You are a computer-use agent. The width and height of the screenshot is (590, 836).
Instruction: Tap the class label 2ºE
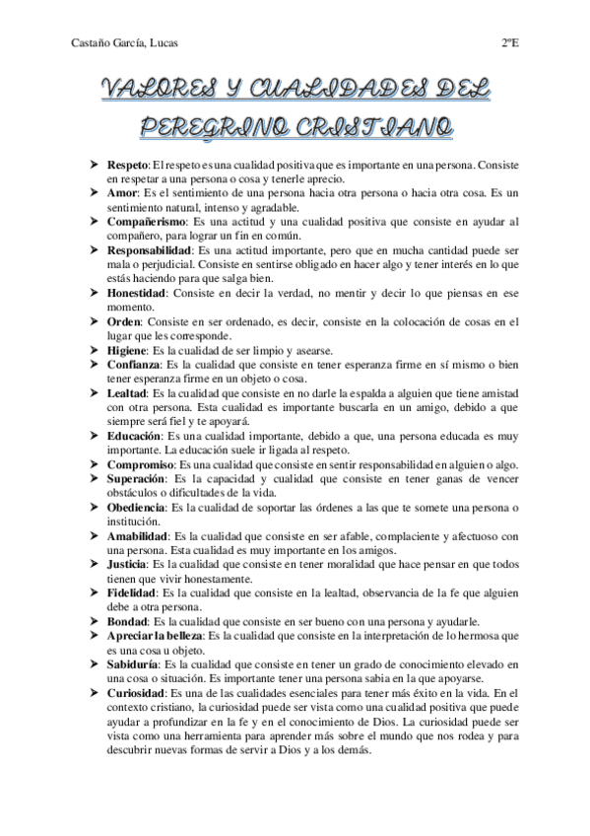tap(509, 41)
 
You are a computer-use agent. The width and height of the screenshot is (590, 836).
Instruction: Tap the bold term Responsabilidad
tap(151, 251)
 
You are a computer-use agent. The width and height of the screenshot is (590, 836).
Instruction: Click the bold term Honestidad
tap(137, 294)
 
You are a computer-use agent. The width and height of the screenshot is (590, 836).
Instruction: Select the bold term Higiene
tap(129, 350)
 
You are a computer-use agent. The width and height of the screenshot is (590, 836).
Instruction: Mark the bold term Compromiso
tap(140, 464)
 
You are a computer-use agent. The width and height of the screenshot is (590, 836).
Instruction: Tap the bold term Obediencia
tap(137, 507)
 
